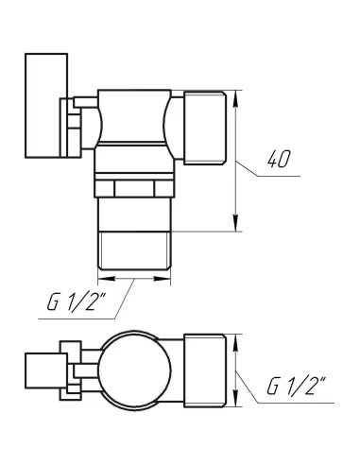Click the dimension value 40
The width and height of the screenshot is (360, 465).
click(277, 160)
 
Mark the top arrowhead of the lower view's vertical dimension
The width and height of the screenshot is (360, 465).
click(234, 338)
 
